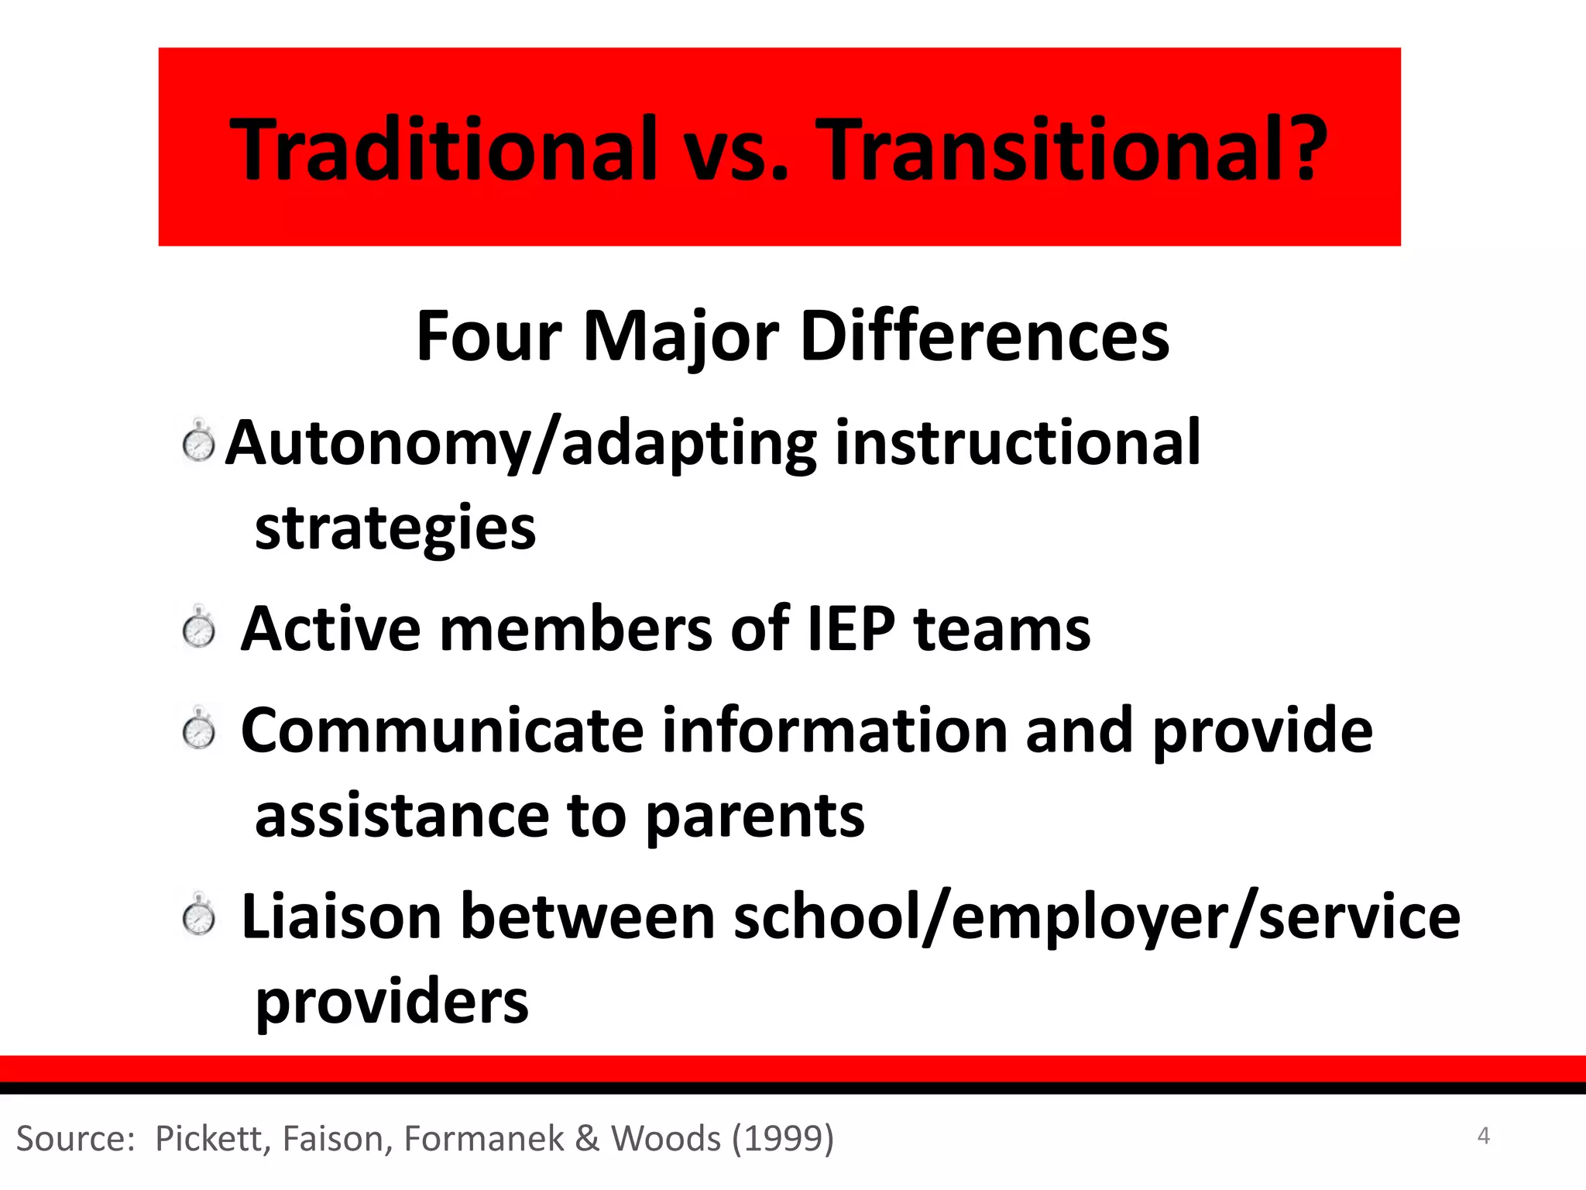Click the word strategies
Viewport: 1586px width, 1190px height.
pos(395,528)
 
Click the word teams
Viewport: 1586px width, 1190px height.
pos(1002,628)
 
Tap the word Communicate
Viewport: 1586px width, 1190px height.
pos(442,731)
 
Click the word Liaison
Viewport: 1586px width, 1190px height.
pos(342,917)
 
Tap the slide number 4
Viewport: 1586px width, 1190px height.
pos(1483,1136)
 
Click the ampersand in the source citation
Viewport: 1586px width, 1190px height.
pos(588,1138)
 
